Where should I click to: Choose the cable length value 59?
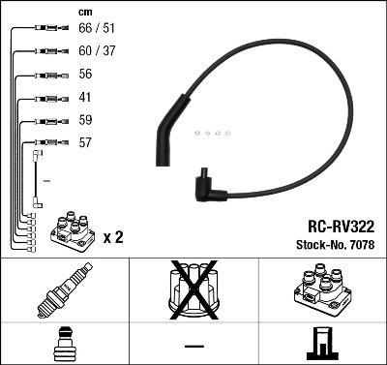pos(84,120)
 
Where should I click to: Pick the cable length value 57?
pos(84,142)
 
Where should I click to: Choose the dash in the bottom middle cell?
pos(193,345)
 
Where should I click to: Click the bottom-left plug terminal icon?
pos(64,345)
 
